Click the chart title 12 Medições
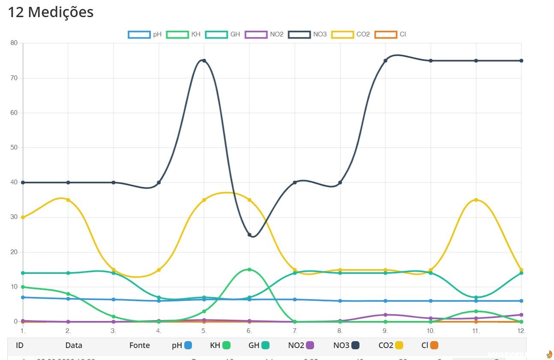51,12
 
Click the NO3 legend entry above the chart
308,34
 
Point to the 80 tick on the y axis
14,43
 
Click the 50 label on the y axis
14,147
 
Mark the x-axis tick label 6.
249,331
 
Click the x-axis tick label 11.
476,331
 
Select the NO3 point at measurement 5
204,60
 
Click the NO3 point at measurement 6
249,234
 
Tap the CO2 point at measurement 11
476,200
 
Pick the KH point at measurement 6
249,270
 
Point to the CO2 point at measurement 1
23,217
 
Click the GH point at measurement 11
476,297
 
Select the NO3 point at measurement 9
385,60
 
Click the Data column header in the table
74,345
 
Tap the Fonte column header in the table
140,345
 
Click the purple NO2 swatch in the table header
310,345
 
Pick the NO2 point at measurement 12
521,315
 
